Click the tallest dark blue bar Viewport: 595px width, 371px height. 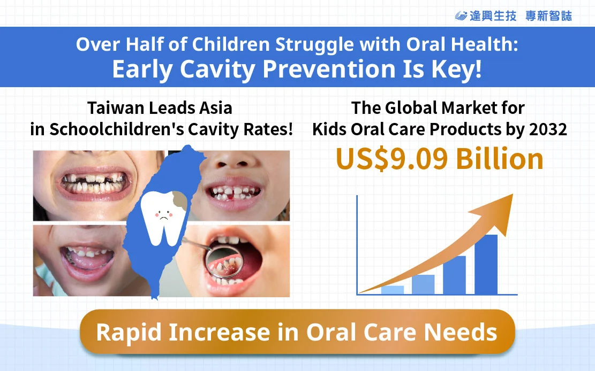(x=486, y=265)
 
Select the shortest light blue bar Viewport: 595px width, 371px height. (x=393, y=290)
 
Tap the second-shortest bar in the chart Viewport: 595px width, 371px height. (x=423, y=284)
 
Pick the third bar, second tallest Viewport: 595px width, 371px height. (x=454, y=275)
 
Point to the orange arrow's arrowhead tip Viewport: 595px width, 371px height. (x=513, y=194)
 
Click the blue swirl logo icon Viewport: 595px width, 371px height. (x=461, y=16)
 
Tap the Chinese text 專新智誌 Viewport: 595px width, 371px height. (x=548, y=16)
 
